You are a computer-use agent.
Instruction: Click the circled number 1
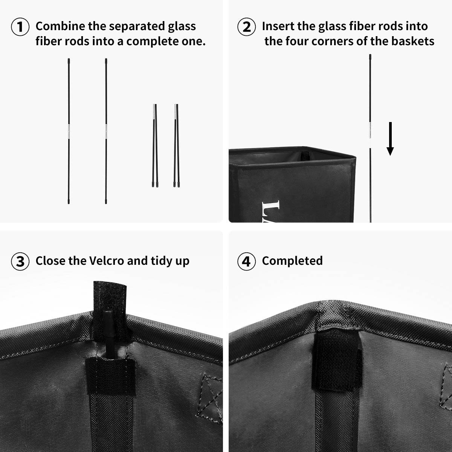pos(20,27)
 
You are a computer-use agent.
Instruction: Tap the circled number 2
pos(246,27)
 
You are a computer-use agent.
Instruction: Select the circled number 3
pos(20,261)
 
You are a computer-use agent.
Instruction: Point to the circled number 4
pos(246,261)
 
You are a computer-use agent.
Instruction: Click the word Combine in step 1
pos(60,26)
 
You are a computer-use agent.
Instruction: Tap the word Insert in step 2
pos(278,26)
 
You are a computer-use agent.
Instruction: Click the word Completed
pos(292,261)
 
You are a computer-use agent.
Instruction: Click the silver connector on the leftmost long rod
pos(69,131)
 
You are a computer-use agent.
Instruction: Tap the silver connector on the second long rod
pos(106,131)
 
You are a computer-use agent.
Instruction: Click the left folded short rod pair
pos(154,145)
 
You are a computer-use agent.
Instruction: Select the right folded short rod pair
pos(176,145)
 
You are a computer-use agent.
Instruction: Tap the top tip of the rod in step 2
pos(370,57)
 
